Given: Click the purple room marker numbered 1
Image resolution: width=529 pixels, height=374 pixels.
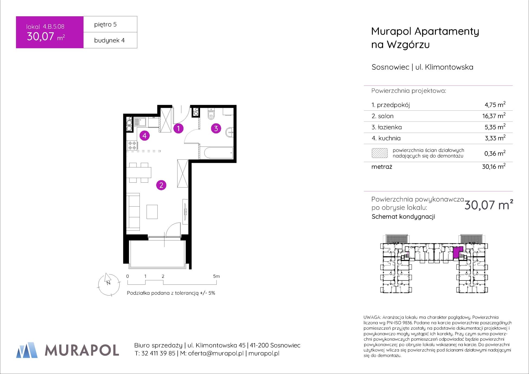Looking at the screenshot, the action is pos(178,128).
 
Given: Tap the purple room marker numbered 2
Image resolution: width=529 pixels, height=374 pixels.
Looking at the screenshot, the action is pos(161,185).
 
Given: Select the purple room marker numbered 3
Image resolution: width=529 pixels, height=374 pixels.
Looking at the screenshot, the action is pos(216,128).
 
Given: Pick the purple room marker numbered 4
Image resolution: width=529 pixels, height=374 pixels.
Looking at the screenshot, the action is pos(144,135).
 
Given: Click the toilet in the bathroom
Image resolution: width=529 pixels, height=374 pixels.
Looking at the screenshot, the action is pos(211,114).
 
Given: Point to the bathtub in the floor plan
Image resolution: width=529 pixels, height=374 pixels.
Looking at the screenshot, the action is pos(216,153).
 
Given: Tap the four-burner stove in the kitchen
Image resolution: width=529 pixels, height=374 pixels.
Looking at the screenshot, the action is pos(132,145).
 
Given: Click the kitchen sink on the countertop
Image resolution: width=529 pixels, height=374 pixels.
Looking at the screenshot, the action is pos(140,122).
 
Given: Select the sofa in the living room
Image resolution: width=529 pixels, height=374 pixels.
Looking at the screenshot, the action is pos(133,212).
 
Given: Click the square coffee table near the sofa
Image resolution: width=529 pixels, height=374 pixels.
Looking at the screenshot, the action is pos(152,212).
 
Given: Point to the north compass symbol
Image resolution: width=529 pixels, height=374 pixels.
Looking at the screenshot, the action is pos(109,284).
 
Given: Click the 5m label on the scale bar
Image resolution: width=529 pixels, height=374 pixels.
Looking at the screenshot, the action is pos(216,276).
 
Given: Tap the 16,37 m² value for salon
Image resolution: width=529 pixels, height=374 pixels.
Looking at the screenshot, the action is pos(494,116).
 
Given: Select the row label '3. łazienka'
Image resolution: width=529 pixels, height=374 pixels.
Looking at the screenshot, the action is pos(387,127).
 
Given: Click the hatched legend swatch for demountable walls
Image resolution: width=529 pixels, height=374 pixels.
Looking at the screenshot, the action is pos(379,153).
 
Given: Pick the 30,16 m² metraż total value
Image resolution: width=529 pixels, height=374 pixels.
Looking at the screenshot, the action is pos(494,166).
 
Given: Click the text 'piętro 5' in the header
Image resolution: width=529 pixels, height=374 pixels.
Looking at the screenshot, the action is pos(105,24).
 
